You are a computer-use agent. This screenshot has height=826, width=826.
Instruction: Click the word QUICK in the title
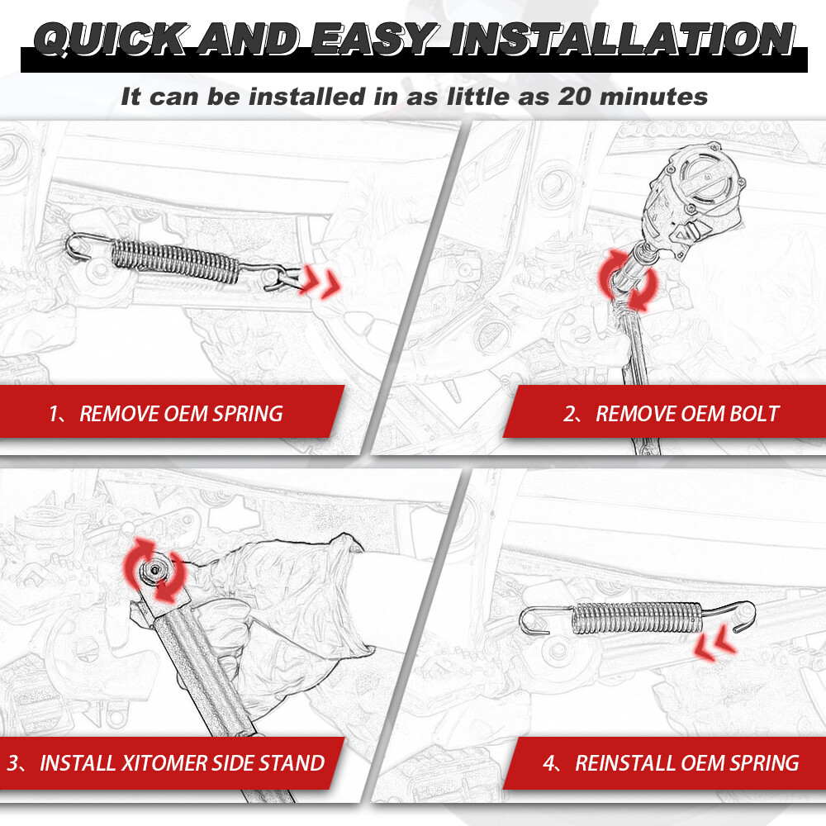(x=109, y=40)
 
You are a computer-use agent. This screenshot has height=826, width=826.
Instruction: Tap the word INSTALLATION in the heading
(x=622, y=40)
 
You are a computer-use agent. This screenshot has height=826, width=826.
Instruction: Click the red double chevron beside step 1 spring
(x=320, y=282)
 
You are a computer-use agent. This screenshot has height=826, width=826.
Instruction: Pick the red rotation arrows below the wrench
(x=628, y=279)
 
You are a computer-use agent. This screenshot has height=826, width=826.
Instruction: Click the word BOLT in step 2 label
(x=753, y=414)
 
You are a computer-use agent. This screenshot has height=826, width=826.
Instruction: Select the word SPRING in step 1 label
(x=248, y=414)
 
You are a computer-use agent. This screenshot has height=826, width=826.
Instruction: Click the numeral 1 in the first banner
(x=54, y=414)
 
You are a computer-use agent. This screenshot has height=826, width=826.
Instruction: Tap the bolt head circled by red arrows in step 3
(x=154, y=570)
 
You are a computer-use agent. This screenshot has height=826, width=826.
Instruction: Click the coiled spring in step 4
(x=638, y=617)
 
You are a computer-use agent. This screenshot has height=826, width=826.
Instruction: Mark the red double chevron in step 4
(x=714, y=643)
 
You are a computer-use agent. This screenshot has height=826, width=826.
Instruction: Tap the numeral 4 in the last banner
(x=549, y=762)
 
